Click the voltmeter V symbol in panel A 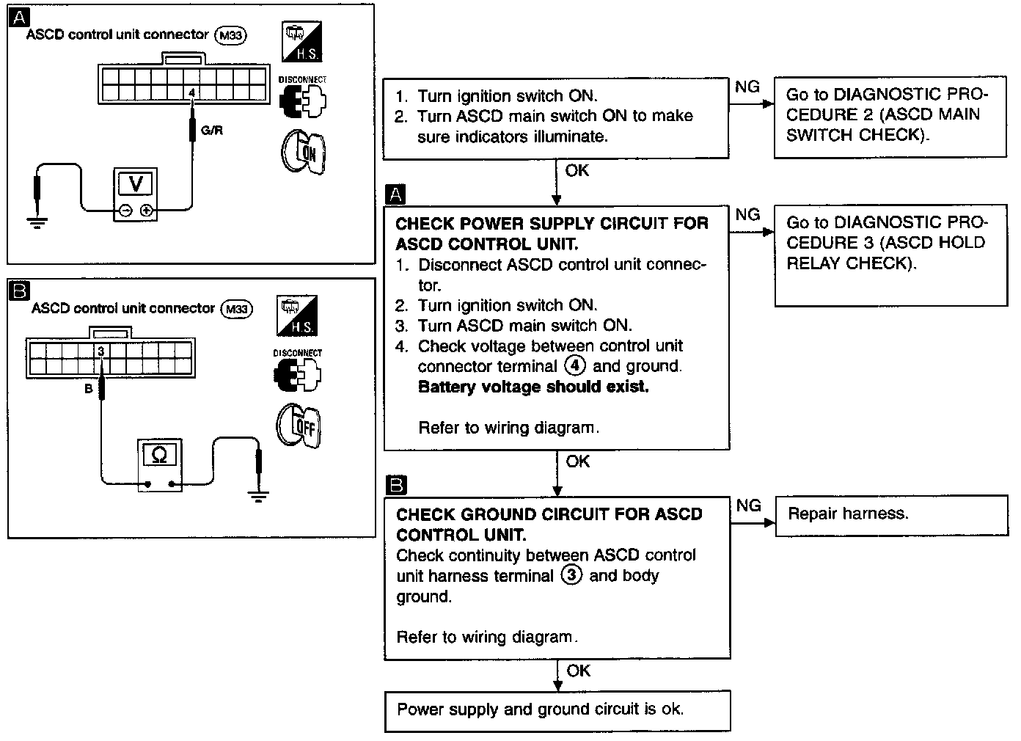pyautogui.click(x=136, y=183)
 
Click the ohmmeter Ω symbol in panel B pyautogui.click(x=159, y=456)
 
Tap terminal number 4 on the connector pyautogui.click(x=191, y=93)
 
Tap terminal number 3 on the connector pyautogui.click(x=101, y=352)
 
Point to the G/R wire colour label pyautogui.click(x=211, y=131)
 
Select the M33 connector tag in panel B pyautogui.click(x=236, y=309)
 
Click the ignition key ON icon pyautogui.click(x=303, y=152)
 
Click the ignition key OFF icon pyautogui.click(x=299, y=426)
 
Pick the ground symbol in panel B pyautogui.click(x=257, y=497)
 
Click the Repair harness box pyautogui.click(x=891, y=514)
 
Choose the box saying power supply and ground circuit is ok pyautogui.click(x=557, y=710)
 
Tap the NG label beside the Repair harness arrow pyautogui.click(x=749, y=505)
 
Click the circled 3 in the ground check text pyautogui.click(x=571, y=575)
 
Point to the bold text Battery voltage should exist pyautogui.click(x=533, y=387)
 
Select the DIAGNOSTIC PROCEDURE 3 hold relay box pyautogui.click(x=890, y=253)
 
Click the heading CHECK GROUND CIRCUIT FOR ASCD pyautogui.click(x=549, y=514)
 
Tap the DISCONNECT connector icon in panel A pyautogui.click(x=302, y=100)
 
